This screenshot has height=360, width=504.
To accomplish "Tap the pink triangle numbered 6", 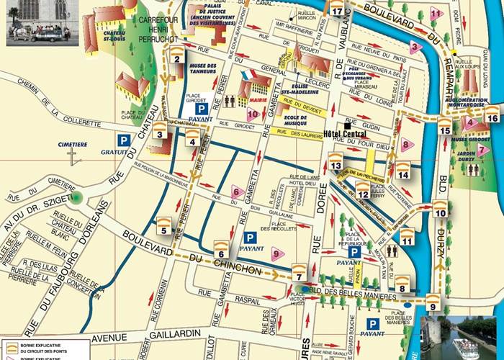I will (x=235, y=192).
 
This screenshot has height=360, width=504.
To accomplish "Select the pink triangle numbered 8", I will (x=406, y=145).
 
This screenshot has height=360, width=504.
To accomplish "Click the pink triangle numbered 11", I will (x=436, y=13).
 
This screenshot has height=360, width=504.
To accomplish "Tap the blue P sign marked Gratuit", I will (x=125, y=141).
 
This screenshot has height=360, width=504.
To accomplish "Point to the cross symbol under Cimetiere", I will (x=72, y=157).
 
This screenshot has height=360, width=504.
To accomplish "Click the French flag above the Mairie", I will (x=248, y=75).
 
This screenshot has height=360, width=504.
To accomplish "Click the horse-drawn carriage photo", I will (x=39, y=23).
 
